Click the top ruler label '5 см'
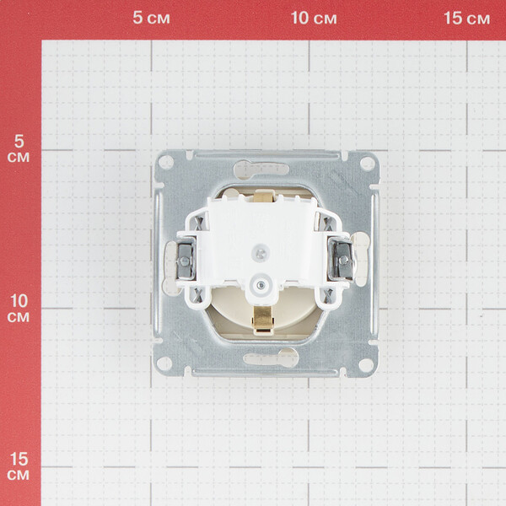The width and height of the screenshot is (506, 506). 151,18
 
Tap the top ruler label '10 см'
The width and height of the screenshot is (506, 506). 314,18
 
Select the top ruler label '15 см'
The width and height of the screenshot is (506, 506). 466,18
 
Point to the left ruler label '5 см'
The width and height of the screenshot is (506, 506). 19,148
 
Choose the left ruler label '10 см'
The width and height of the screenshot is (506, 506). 19,308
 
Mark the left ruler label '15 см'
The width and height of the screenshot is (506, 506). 19,466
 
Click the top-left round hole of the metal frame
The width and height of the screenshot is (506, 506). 166,162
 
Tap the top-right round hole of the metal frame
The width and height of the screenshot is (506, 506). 367,164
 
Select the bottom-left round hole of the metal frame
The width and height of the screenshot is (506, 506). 164,363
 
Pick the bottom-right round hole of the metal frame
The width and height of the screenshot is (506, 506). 366,365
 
